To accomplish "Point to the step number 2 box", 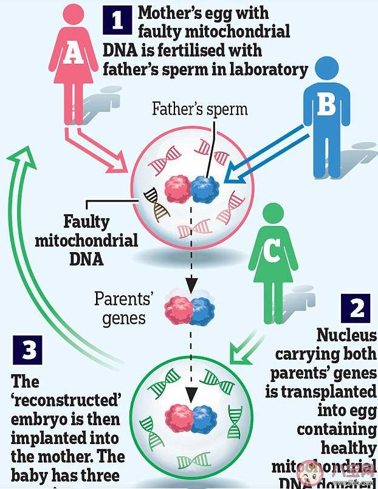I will coord(356,309).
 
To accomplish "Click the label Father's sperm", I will coord(200,109).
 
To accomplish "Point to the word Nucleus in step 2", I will coord(346,335).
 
